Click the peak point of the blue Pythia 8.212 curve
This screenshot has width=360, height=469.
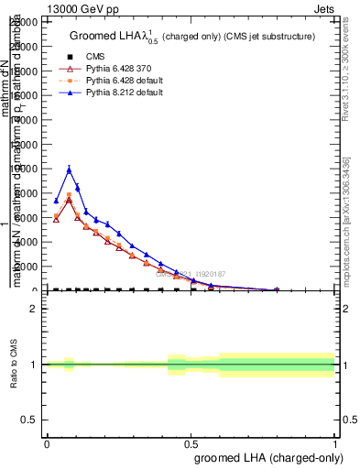(69, 169)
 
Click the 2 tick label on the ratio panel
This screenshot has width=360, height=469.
(34, 310)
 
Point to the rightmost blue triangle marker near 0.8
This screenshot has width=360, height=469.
(276, 289)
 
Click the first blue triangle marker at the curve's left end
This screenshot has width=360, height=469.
(56, 201)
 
